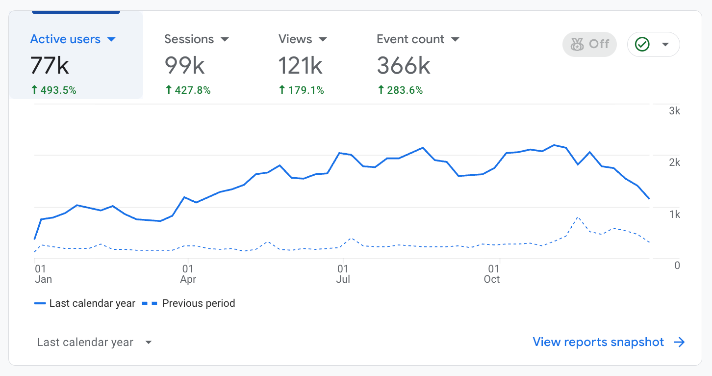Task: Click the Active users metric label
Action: [65, 39]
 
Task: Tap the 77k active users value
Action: [50, 65]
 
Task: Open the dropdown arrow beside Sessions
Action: [225, 39]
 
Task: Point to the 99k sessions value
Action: [184, 65]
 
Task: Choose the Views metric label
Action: [295, 39]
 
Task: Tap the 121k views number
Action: [300, 65]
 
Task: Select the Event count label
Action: [410, 39]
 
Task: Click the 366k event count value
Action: [404, 65]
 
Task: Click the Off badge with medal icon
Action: [589, 45]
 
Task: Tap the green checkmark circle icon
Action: [642, 45]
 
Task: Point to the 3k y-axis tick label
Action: [675, 111]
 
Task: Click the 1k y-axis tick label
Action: [675, 215]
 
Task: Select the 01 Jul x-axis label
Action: [343, 274]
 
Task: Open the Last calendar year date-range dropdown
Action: [95, 342]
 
